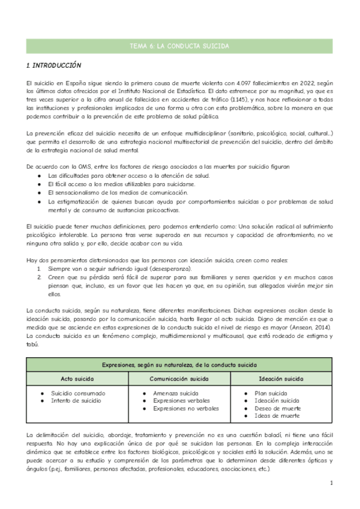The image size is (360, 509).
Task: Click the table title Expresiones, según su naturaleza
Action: click(x=179, y=364)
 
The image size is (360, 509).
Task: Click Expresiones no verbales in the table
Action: click(x=186, y=408)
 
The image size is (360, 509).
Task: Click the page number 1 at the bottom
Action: click(x=331, y=483)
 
